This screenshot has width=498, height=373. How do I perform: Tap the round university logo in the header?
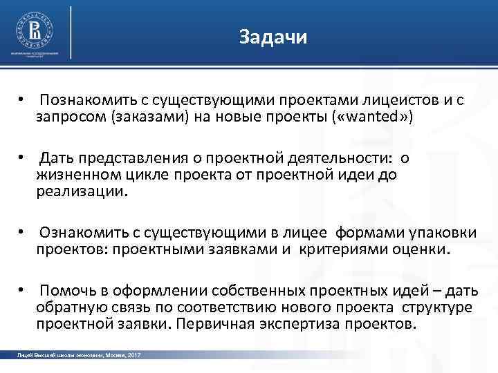[x=34, y=30]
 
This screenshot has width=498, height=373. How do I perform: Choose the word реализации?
[x=82, y=191]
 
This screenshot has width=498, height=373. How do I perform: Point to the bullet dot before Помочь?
[x=23, y=291]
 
